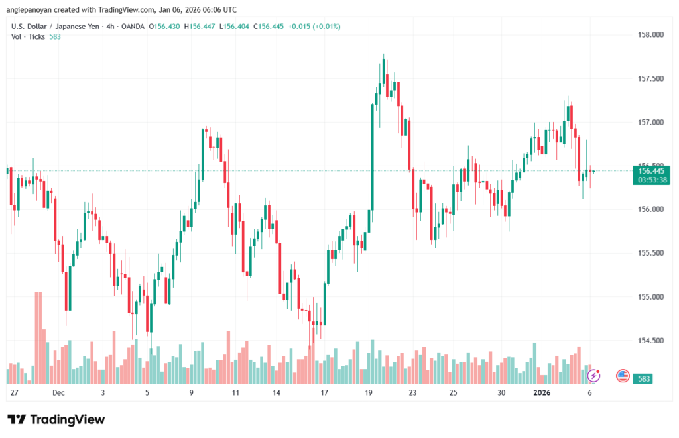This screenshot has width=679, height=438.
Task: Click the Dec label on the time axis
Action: (x=58, y=393)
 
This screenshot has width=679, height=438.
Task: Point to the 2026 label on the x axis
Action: (x=542, y=393)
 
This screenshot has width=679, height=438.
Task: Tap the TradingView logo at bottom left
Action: (x=56, y=419)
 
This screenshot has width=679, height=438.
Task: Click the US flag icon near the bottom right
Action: (x=623, y=376)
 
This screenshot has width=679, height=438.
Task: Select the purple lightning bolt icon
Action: (x=593, y=376)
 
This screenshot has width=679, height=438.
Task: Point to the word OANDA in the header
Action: (x=133, y=27)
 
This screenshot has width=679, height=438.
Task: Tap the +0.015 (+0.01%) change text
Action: (x=304, y=27)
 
